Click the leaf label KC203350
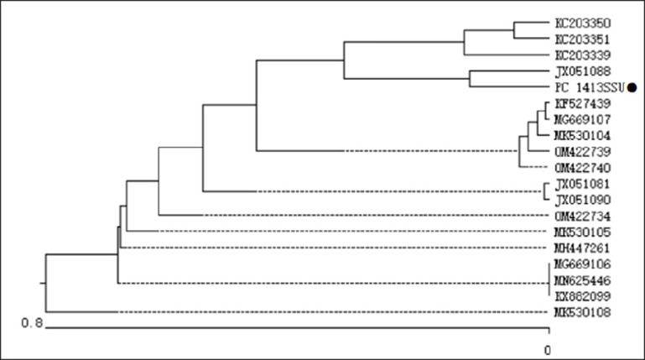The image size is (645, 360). pos(583,23)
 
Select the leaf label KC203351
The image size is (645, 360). pos(582,39)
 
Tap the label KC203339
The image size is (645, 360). pos(583,55)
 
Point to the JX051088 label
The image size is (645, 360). pos(583,71)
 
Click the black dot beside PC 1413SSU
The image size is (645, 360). pos(632,87)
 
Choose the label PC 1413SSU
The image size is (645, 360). pos(590,87)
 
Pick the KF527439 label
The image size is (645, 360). pos(583,104)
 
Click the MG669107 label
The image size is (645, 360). pos(582,120)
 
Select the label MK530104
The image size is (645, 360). pos(582,136)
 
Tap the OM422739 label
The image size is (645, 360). pos(583,152)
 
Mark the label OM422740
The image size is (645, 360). pos(583,168)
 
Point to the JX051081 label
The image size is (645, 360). pos(583,184)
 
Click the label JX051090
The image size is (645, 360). pos(583,200)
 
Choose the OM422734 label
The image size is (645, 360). pos(583,217)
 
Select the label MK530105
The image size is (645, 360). pos(582,232)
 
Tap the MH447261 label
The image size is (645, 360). pos(582,248)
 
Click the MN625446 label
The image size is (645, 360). pos(582,280)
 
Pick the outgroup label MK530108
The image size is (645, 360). pos(582,313)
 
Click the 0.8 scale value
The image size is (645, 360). pos(32,323)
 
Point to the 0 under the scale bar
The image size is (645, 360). pos(548,351)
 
